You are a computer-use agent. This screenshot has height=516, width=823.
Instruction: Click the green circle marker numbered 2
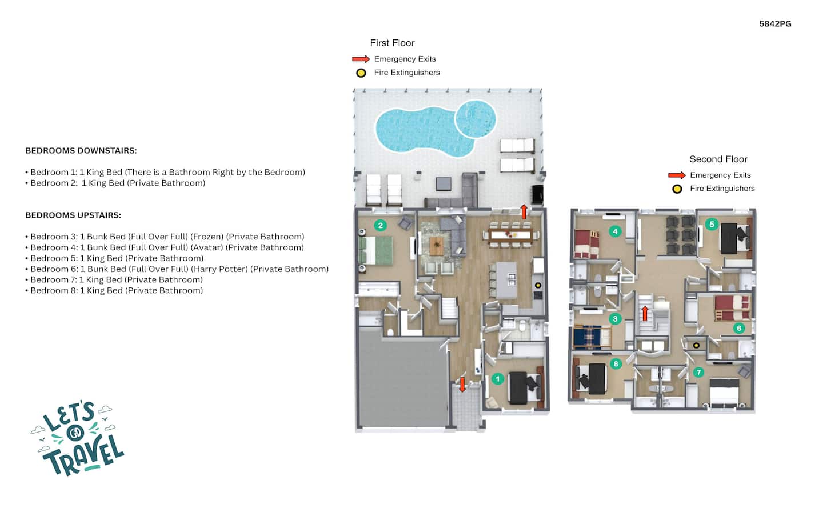[x=380, y=225]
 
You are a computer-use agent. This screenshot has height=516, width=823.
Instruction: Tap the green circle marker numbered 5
[x=712, y=224]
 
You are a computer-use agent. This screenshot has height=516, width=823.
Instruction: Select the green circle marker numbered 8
[x=616, y=364]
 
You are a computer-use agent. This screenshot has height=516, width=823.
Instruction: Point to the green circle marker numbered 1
[x=497, y=379]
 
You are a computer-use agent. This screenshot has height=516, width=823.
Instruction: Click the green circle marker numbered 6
[x=739, y=328]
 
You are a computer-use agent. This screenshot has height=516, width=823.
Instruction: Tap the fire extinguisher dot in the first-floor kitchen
[x=538, y=285]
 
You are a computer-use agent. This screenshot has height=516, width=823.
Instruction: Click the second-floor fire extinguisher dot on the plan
[x=696, y=345]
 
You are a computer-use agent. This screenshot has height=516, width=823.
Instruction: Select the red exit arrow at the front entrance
[x=462, y=385]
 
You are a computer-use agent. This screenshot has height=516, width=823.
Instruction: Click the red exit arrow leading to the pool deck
[x=524, y=212]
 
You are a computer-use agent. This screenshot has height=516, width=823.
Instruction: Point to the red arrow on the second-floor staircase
[x=645, y=314]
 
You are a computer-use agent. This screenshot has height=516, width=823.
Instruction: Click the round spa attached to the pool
[x=476, y=119]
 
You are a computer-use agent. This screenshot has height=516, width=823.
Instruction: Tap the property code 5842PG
[x=775, y=24]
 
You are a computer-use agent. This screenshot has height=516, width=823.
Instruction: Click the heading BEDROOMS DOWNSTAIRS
[x=81, y=151]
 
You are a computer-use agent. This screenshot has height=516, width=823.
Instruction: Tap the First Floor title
[x=392, y=43]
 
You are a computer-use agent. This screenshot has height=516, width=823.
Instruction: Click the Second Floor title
[x=718, y=159]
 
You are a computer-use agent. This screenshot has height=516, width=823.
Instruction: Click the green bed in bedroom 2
[x=375, y=250]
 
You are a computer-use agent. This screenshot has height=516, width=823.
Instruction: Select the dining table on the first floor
[x=510, y=234]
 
